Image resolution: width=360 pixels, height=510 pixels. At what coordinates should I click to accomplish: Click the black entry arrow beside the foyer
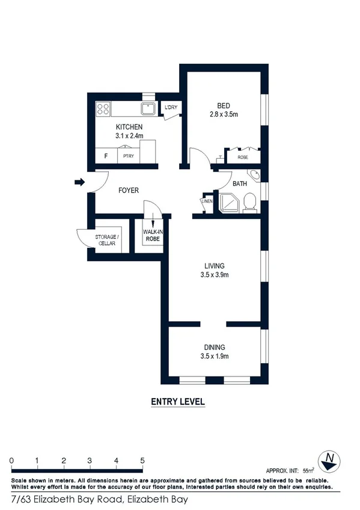click(78, 182)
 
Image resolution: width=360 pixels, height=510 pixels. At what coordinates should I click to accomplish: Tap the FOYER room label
click(128, 191)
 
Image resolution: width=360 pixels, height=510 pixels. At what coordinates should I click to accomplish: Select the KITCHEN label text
click(129, 127)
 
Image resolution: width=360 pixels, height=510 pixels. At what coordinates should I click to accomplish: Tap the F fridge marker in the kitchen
click(106, 156)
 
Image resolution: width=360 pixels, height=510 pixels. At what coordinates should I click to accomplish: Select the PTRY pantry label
click(128, 156)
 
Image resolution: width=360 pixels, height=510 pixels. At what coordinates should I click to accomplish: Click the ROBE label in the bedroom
click(243, 157)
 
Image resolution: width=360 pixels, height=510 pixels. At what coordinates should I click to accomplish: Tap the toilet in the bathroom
click(251, 203)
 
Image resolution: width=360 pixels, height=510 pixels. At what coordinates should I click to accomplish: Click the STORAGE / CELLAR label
click(107, 239)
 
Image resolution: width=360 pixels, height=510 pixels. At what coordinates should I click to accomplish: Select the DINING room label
click(215, 347)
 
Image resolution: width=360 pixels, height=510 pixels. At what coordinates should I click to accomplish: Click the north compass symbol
click(329, 461)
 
